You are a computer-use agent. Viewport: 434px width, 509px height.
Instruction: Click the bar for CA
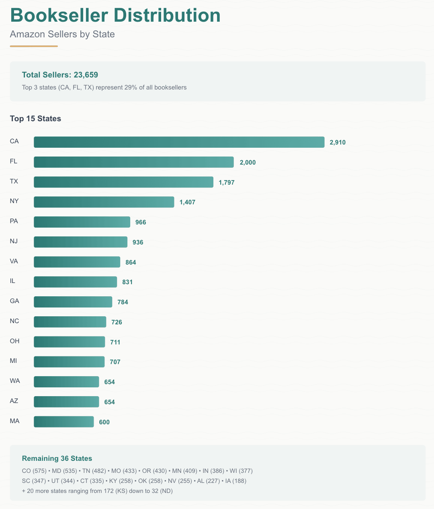[179, 142]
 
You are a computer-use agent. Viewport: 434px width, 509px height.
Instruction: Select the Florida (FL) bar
[133, 162]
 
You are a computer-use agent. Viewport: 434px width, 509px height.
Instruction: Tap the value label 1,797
[227, 183]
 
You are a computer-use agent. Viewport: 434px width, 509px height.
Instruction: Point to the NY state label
[14, 201]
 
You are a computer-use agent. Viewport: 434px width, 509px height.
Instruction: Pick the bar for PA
[82, 222]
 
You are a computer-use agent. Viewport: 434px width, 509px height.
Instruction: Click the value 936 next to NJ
[138, 242]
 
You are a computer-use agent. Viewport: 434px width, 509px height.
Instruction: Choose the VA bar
[77, 262]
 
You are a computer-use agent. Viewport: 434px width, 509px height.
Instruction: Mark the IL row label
[12, 281]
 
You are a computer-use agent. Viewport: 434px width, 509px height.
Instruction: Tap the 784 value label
[123, 302]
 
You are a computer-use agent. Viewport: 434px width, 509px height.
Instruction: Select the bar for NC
[70, 322]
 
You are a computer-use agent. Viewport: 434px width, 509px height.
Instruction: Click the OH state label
[14, 341]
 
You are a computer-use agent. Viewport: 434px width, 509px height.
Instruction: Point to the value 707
[115, 362]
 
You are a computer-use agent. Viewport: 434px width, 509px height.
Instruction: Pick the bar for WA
[66, 382]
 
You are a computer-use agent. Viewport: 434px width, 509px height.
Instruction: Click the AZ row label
[14, 401]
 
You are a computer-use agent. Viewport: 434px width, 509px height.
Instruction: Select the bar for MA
[63, 422]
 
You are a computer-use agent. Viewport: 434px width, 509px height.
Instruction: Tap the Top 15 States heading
[35, 119]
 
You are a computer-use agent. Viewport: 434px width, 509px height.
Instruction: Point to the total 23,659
[86, 75]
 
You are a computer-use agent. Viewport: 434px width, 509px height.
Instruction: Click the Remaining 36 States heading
[57, 458]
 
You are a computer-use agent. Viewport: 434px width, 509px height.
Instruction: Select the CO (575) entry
[34, 471]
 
